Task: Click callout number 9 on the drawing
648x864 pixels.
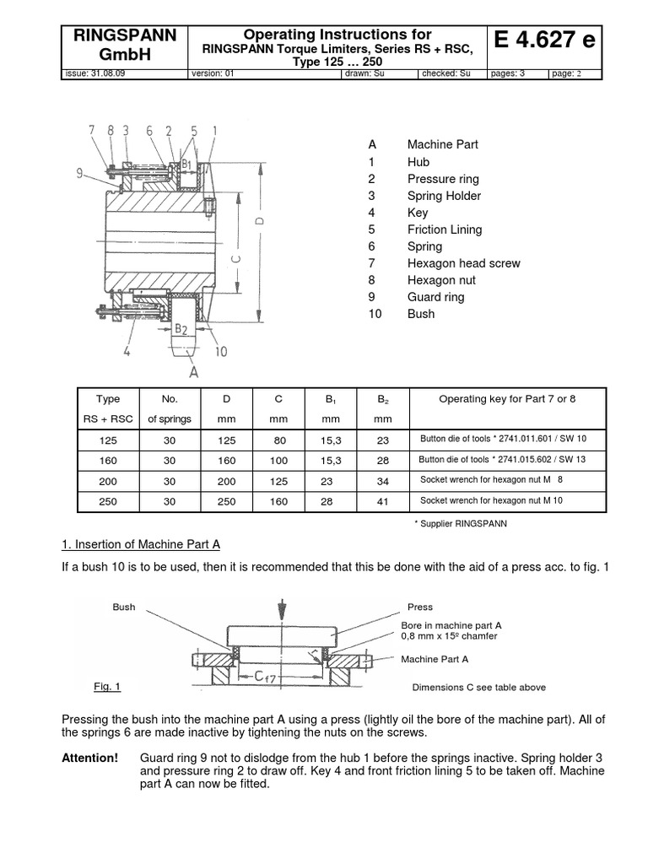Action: [79, 173]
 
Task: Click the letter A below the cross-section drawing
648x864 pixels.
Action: [194, 370]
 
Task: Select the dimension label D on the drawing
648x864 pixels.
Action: [259, 221]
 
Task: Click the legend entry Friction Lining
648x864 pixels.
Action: [444, 229]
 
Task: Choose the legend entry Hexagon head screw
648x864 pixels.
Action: [463, 263]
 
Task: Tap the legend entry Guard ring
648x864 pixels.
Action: [435, 297]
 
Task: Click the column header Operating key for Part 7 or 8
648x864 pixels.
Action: [507, 399]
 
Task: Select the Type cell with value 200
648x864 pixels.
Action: [108, 480]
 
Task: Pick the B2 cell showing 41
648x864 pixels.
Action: [382, 501]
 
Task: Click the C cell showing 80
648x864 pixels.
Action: [278, 439]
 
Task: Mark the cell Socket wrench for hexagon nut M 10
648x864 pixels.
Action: [491, 501]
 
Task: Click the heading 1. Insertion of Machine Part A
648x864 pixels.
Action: [142, 543]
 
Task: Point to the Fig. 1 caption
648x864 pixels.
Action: [107, 687]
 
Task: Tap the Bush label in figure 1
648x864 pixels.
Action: [123, 607]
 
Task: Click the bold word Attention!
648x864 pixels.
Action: [90, 758]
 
